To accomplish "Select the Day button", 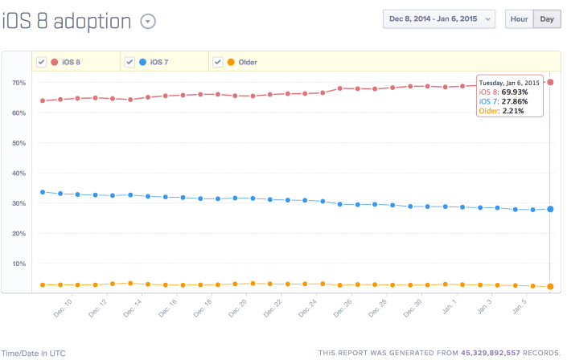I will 547,19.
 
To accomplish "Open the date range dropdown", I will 439,19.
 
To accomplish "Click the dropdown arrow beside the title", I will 147,22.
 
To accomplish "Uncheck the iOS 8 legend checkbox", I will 41,62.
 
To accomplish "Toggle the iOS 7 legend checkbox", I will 129,62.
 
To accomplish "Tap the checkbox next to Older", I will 217,62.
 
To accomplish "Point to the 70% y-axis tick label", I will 18,83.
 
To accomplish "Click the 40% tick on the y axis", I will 18,173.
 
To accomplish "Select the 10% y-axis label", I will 18,264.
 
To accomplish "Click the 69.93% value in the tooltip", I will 512,92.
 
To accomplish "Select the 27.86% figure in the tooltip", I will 512,101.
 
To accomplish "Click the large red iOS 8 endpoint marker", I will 550,83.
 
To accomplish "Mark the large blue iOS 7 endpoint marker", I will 550,209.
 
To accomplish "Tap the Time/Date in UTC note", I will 33,353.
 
